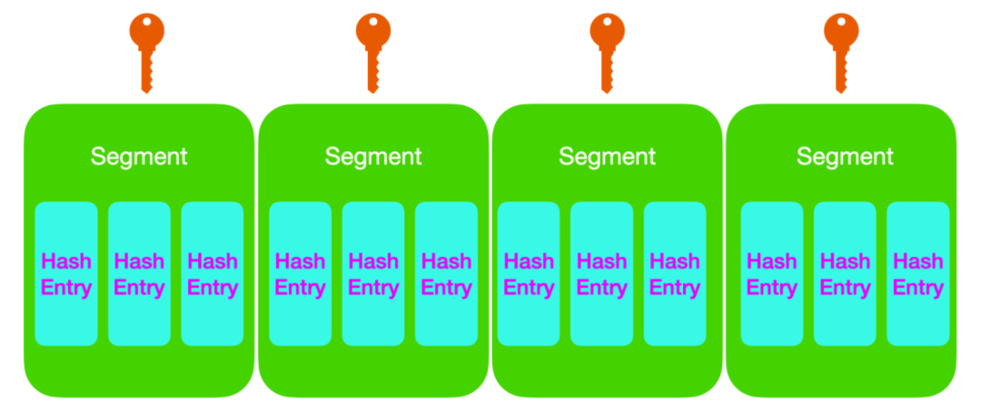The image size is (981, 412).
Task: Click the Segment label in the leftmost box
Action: click(139, 156)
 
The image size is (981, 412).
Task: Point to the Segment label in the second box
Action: click(373, 156)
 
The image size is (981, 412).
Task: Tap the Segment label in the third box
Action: click(607, 156)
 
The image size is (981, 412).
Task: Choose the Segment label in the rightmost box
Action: click(845, 156)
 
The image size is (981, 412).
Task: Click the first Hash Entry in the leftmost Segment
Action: click(66, 274)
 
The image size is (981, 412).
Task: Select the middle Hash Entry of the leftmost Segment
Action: click(139, 274)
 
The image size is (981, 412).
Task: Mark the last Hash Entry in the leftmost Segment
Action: click(213, 274)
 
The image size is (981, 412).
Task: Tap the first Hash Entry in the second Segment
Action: click(300, 274)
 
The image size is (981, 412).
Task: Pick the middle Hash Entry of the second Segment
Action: click(373, 274)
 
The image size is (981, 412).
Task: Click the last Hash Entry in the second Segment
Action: click(446, 274)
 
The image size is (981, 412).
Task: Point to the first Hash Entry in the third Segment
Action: click(529, 274)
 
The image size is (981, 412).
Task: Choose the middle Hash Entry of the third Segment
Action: click(601, 274)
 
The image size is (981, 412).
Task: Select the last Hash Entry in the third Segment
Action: click(675, 274)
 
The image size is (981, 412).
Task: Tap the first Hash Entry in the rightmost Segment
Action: click(772, 274)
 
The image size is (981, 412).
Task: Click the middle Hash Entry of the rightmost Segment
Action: click(845, 274)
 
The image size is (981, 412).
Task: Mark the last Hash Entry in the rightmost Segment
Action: click(918, 274)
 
